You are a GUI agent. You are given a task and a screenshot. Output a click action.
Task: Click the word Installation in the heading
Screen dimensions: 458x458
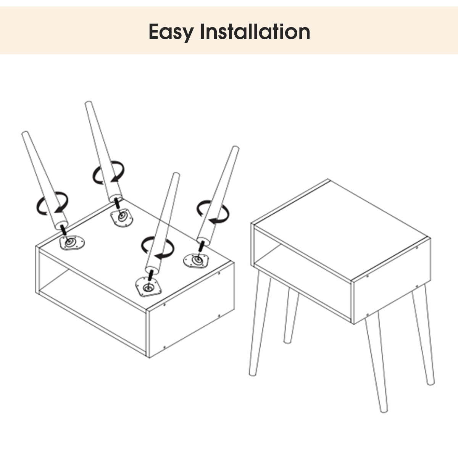coord(255,31)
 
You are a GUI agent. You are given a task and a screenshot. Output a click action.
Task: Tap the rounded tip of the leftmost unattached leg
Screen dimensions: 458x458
coord(25,134)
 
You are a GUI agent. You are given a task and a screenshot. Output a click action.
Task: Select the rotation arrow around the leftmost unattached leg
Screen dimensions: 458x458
coord(52,203)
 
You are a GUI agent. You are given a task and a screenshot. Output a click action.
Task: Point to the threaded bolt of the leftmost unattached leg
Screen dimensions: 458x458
coord(63,230)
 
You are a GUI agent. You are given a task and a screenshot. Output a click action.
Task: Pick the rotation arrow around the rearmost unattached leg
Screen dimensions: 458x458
coord(108,172)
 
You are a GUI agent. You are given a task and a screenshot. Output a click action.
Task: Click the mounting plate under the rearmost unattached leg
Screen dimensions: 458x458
coord(121,217)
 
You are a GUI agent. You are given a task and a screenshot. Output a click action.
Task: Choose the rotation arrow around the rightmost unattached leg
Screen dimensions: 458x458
coord(213,212)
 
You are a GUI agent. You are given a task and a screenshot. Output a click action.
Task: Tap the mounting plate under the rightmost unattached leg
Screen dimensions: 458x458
coord(196,261)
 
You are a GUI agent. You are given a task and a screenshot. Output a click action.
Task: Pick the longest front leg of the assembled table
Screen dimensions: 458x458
coord(376,361)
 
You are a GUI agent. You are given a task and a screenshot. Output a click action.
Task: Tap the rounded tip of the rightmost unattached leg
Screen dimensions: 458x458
coord(235,148)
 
